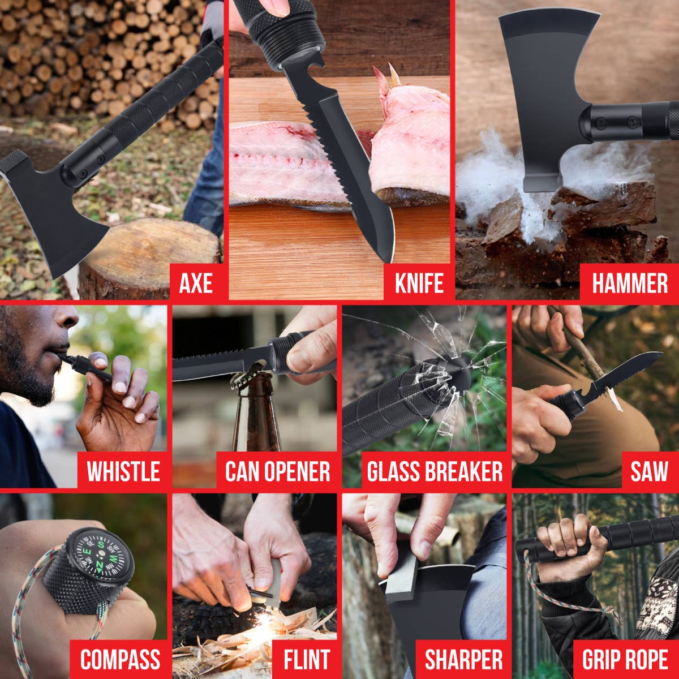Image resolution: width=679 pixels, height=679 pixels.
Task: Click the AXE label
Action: tap(196, 282)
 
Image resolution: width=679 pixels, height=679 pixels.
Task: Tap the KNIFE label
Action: tap(418, 282)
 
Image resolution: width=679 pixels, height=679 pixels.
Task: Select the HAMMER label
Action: tap(629, 282)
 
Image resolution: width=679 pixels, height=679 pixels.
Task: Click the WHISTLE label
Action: tap(123, 471)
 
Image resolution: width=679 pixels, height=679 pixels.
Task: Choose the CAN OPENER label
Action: tap(277, 471)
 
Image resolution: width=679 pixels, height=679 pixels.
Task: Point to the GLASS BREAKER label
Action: tap(435, 471)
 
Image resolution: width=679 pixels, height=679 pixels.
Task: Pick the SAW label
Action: tap(649, 471)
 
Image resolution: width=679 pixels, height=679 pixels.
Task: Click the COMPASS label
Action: tap(120, 659)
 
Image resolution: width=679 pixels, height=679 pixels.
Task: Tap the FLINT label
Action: tap(307, 659)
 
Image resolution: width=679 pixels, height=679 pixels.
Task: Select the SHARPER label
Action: tap(463, 659)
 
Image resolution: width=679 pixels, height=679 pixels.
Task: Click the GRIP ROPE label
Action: tap(625, 659)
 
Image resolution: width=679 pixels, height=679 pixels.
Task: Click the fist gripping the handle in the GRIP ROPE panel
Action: tap(566, 543)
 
